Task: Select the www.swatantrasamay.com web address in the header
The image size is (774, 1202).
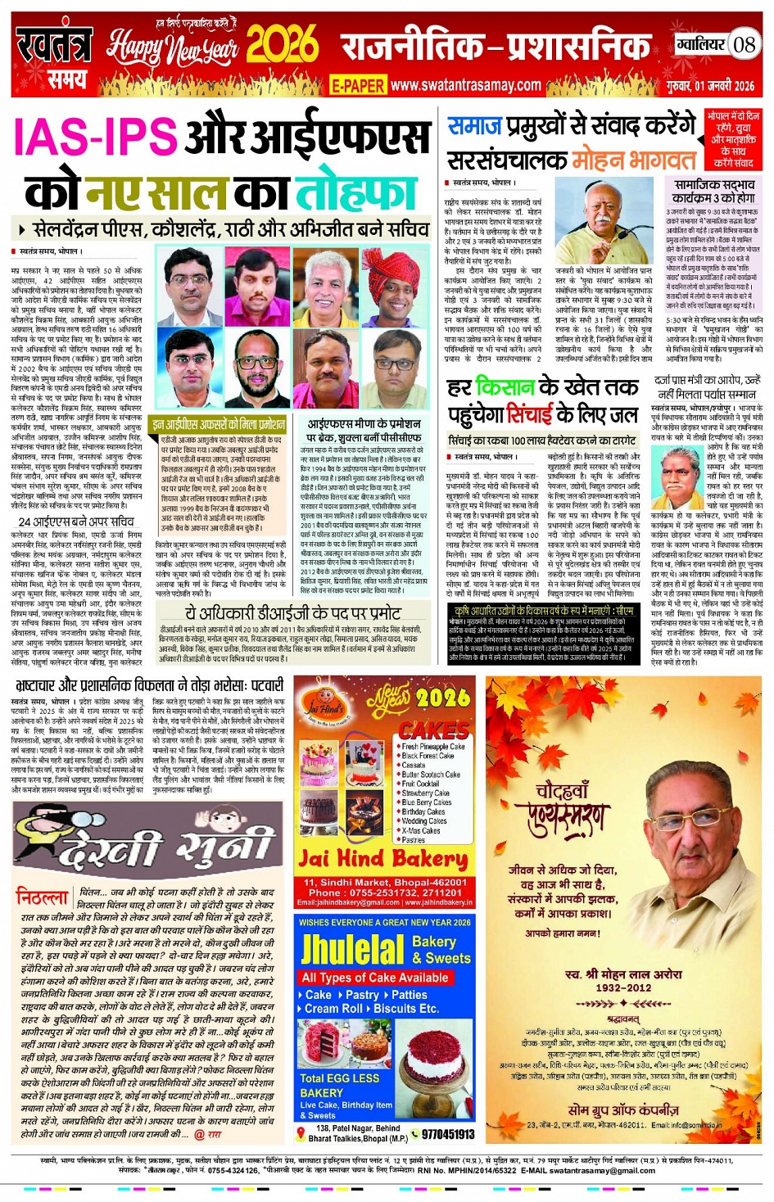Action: click(x=465, y=84)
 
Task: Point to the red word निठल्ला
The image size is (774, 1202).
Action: click(x=43, y=897)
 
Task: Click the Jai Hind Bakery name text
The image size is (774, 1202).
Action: click(x=382, y=859)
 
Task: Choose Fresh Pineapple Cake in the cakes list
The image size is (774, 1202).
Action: click(x=433, y=746)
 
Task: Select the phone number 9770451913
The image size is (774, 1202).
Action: click(x=447, y=1134)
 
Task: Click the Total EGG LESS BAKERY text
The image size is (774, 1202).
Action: click(x=339, y=1085)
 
